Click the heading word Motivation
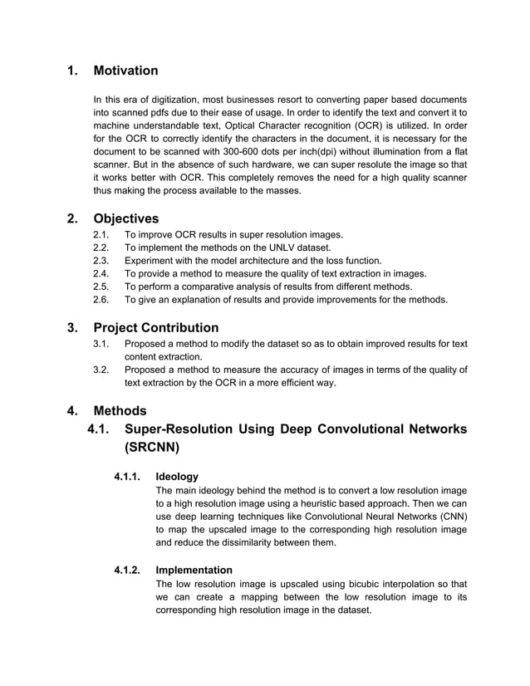coord(125,71)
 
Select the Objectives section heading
coord(126,219)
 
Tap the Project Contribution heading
coord(156,327)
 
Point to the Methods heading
coord(120,410)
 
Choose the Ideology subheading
coord(177,476)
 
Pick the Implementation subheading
coord(194,570)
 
